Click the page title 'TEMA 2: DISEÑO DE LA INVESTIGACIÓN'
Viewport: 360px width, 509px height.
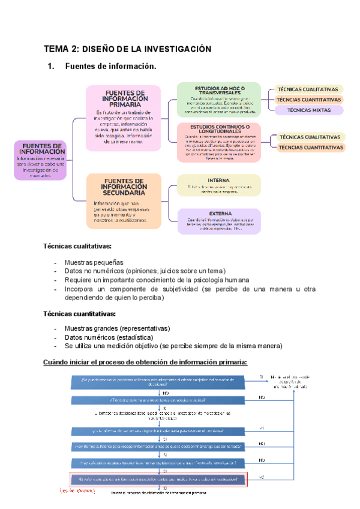128,49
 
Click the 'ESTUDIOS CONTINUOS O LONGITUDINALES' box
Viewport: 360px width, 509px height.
218,142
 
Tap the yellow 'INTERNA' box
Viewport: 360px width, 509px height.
218,185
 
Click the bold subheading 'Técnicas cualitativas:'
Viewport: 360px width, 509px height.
77,246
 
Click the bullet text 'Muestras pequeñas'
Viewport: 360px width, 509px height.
94,262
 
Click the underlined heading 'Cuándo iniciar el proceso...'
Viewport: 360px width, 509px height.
145,361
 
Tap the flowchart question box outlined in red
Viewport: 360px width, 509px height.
158,479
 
